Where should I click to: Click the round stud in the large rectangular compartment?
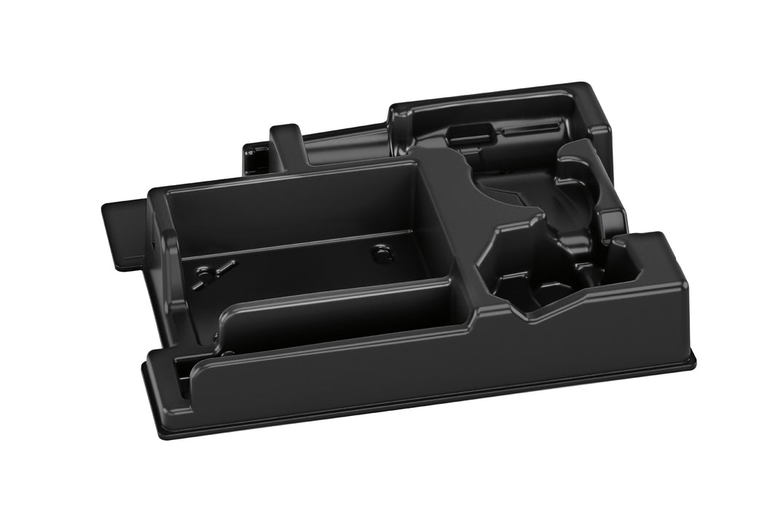(382, 254)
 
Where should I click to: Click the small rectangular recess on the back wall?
(452, 133)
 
